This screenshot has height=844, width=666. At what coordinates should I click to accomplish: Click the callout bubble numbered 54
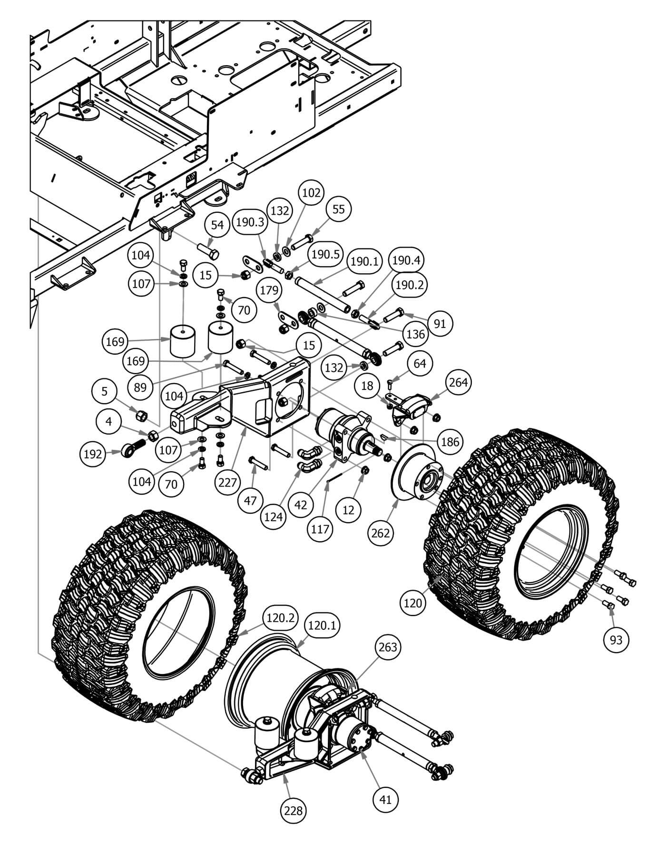[217, 225]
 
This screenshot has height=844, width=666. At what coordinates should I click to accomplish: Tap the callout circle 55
[338, 209]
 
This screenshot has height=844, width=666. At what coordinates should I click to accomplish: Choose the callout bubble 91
[440, 323]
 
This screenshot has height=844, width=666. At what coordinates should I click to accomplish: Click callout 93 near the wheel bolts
[616, 640]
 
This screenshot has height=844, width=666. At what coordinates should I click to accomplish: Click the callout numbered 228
[293, 810]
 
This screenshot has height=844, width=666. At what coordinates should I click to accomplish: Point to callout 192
[92, 454]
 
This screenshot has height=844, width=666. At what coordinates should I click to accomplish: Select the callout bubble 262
[381, 533]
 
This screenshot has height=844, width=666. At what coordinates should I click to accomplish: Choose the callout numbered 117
[320, 528]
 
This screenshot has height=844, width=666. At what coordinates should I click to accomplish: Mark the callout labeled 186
[449, 442]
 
